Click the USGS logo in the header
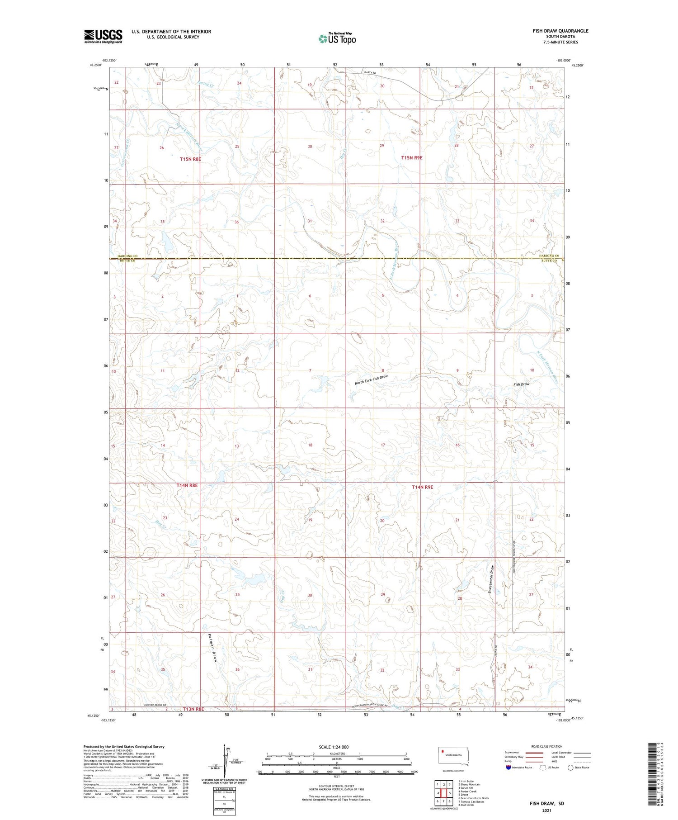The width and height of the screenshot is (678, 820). pos(103,36)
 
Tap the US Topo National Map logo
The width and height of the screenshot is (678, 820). pos(337,38)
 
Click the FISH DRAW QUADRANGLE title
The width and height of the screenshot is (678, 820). pos(560,31)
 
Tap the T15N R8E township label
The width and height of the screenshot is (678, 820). pos(190,159)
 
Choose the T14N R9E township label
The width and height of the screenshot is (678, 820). pos(422,487)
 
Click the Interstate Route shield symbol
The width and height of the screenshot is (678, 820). pos(508,768)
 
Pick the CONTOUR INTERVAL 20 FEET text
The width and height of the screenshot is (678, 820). pos(336,787)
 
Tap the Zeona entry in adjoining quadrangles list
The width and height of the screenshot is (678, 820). pos(464,795)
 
